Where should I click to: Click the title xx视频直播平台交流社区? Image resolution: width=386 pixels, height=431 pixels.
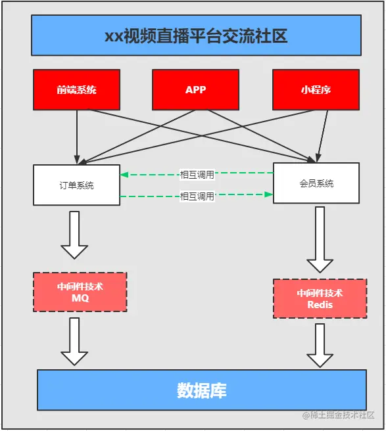[x=195, y=35]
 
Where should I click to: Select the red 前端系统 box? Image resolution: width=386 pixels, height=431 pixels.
[x=76, y=89]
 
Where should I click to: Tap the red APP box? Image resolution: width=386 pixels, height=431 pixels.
[x=195, y=89]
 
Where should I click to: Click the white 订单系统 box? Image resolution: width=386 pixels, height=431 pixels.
[x=76, y=185]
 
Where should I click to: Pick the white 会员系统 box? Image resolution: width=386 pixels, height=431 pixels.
[x=316, y=183]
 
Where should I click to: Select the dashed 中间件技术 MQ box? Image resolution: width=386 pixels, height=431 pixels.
[x=80, y=292]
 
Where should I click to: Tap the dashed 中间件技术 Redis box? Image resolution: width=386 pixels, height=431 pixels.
[x=320, y=299]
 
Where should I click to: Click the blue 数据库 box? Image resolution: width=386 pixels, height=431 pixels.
[x=201, y=390]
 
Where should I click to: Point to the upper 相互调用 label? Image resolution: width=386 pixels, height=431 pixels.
[x=197, y=175]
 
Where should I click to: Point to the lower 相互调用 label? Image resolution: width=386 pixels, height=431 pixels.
[x=197, y=196]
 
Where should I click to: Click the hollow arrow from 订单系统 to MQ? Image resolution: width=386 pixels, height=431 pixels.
[x=74, y=235]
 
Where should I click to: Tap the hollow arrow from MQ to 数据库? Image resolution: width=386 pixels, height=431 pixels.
[x=74, y=342]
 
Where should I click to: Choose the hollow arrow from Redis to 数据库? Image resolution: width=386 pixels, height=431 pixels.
[x=320, y=346]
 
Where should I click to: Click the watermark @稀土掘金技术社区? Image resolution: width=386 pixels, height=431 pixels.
[x=338, y=415]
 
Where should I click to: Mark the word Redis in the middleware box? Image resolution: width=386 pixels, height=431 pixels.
[x=320, y=305]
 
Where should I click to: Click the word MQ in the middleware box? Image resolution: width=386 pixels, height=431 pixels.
[x=80, y=298]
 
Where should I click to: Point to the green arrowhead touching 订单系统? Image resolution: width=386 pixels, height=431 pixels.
[x=124, y=175]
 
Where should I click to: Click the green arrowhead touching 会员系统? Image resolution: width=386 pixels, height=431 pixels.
[x=269, y=194]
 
